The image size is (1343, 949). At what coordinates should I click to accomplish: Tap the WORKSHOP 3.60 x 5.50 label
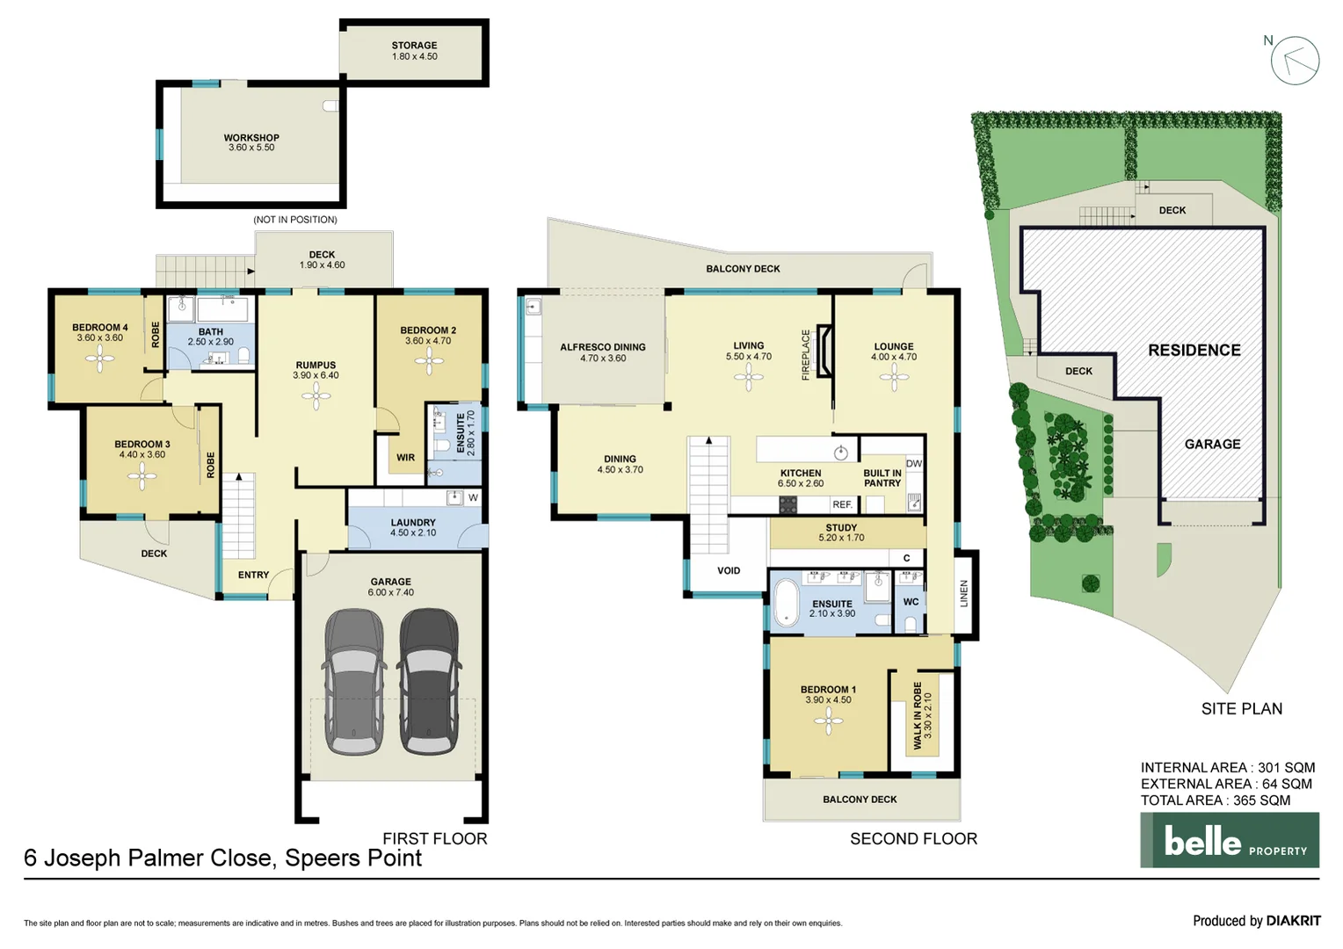click(251, 142)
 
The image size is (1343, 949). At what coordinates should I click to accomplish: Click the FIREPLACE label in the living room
click(806, 354)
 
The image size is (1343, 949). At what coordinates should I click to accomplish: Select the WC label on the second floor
click(911, 602)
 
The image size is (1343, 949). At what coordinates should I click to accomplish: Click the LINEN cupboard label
click(964, 593)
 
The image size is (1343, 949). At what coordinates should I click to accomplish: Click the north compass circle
click(1295, 61)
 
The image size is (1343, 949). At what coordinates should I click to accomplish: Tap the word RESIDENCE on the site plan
click(1194, 350)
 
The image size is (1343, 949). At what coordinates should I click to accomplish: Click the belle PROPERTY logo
click(1229, 840)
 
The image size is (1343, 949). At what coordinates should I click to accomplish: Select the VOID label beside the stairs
click(729, 570)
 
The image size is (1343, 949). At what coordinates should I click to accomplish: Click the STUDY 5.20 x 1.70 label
click(841, 532)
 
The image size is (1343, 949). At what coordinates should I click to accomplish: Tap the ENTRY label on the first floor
click(253, 575)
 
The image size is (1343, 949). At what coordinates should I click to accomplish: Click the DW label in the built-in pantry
click(914, 463)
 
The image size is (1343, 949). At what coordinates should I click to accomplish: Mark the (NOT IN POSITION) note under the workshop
click(295, 220)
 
